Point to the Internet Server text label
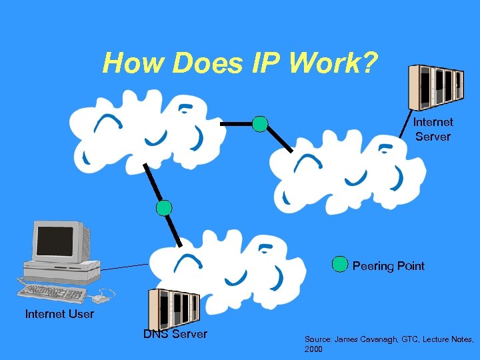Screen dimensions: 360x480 click(433, 129)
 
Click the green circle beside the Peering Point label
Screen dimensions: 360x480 click(340, 265)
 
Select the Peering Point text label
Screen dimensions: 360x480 click(388, 266)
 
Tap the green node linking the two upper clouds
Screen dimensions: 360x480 click(260, 123)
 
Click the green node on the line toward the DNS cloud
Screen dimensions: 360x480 click(164, 207)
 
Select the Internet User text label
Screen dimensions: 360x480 click(59, 313)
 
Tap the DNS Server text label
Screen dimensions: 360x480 click(175, 334)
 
